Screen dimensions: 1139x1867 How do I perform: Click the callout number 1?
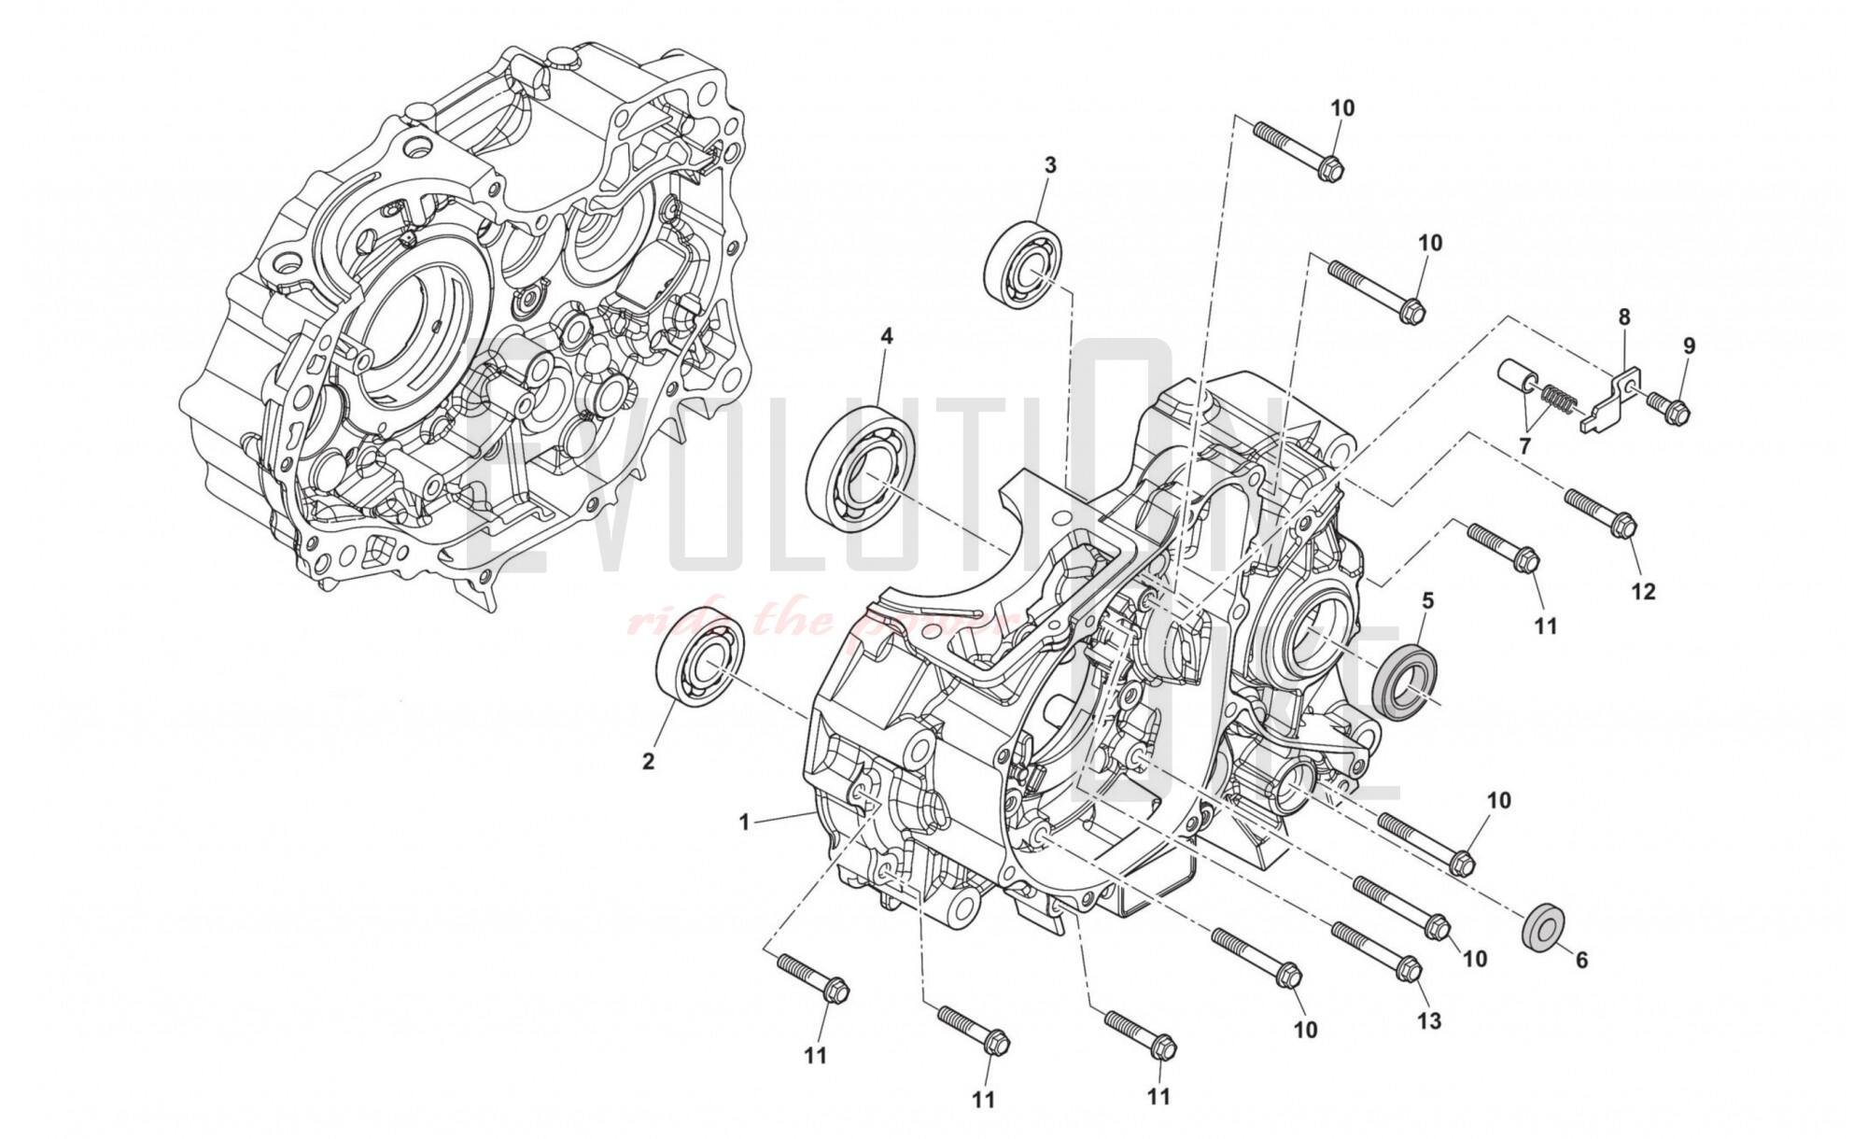point(744,823)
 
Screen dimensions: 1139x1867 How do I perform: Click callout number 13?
point(1429,1020)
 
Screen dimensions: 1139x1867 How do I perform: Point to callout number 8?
point(1624,317)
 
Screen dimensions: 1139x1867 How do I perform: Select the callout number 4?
point(886,336)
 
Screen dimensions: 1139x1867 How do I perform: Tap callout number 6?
point(1580,960)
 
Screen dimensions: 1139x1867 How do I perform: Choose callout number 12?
point(1643,591)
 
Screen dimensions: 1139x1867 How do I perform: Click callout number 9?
point(1689,345)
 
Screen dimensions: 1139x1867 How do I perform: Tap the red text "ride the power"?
point(821,621)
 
